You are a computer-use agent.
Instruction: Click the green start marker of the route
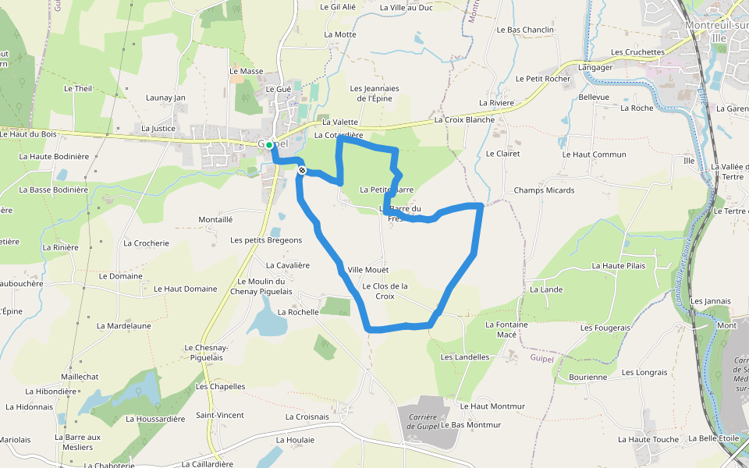click(269, 145)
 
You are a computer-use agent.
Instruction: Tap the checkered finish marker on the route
click(302, 170)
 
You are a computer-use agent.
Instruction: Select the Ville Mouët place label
click(367, 270)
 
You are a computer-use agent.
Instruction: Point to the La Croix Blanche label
click(464, 120)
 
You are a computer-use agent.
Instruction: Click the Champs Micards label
click(544, 190)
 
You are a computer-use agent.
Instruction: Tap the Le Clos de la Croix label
click(385, 291)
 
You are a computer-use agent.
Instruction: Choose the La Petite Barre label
click(386, 190)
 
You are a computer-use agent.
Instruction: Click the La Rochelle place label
click(298, 311)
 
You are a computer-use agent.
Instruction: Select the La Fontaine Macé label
click(506, 329)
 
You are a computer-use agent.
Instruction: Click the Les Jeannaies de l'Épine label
click(374, 94)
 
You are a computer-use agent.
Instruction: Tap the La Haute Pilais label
click(619, 266)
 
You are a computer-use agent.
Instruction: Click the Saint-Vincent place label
click(220, 415)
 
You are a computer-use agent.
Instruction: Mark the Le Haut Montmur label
click(492, 406)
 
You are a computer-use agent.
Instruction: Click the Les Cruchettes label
click(637, 52)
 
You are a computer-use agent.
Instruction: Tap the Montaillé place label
click(215, 219)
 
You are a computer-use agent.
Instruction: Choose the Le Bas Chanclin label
click(525, 30)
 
